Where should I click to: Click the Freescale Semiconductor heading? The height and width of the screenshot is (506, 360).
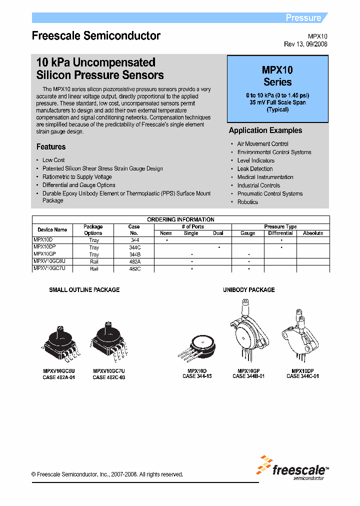click(x=96, y=36)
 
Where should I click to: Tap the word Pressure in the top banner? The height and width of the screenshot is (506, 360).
click(x=303, y=18)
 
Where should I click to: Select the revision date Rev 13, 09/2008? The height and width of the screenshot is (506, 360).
click(x=305, y=44)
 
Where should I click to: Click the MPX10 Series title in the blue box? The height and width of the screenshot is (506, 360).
click(x=277, y=76)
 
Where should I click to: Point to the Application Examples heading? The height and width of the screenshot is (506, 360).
click(x=265, y=130)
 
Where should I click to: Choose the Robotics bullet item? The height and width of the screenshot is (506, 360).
click(x=247, y=202)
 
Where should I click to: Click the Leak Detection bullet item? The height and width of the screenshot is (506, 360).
click(x=254, y=169)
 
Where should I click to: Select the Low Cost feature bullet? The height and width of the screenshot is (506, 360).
click(x=53, y=160)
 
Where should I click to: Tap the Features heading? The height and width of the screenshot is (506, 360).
click(x=51, y=147)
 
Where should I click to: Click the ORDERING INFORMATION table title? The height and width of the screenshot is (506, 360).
click(x=180, y=219)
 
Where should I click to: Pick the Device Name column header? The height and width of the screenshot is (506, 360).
click(x=52, y=230)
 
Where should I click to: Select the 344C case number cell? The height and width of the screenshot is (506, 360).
click(x=134, y=247)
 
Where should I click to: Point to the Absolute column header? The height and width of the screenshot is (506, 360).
click(x=313, y=233)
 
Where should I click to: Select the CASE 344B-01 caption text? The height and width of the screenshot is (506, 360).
click(x=248, y=376)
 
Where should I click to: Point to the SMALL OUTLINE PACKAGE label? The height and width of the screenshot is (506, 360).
click(x=84, y=290)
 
